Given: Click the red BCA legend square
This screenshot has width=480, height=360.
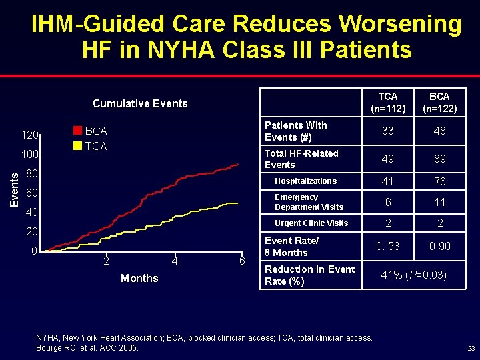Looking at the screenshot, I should coord(77,131).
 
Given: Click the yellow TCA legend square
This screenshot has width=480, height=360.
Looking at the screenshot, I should coord(77,146).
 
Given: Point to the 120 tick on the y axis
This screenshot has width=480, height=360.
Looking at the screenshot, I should coord(29,135).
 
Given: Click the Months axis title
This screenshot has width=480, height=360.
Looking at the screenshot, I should coord(139,278).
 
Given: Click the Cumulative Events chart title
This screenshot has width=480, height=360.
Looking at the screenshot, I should coord(140,103).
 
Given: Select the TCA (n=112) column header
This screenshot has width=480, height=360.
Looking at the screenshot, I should coord(387,103).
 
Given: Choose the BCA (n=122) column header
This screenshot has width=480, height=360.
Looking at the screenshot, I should coord(439,103).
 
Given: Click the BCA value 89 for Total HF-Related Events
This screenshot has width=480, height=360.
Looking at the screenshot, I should coord(439,159).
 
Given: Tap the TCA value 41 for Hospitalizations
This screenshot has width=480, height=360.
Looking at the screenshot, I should coord(387,181).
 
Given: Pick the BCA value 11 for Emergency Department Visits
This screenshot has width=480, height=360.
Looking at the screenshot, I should coord(439,202).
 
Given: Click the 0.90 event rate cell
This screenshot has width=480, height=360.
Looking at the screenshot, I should coord(439,247).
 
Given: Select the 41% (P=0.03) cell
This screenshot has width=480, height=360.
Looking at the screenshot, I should coord(413,275).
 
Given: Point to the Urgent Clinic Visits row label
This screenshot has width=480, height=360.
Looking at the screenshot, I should coord(311,223).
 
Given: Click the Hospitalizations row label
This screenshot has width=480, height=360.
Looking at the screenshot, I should coord(306,181).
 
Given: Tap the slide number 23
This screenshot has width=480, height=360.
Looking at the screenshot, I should coord(471,348).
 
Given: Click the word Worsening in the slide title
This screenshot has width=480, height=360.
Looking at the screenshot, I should coord(400,24).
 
